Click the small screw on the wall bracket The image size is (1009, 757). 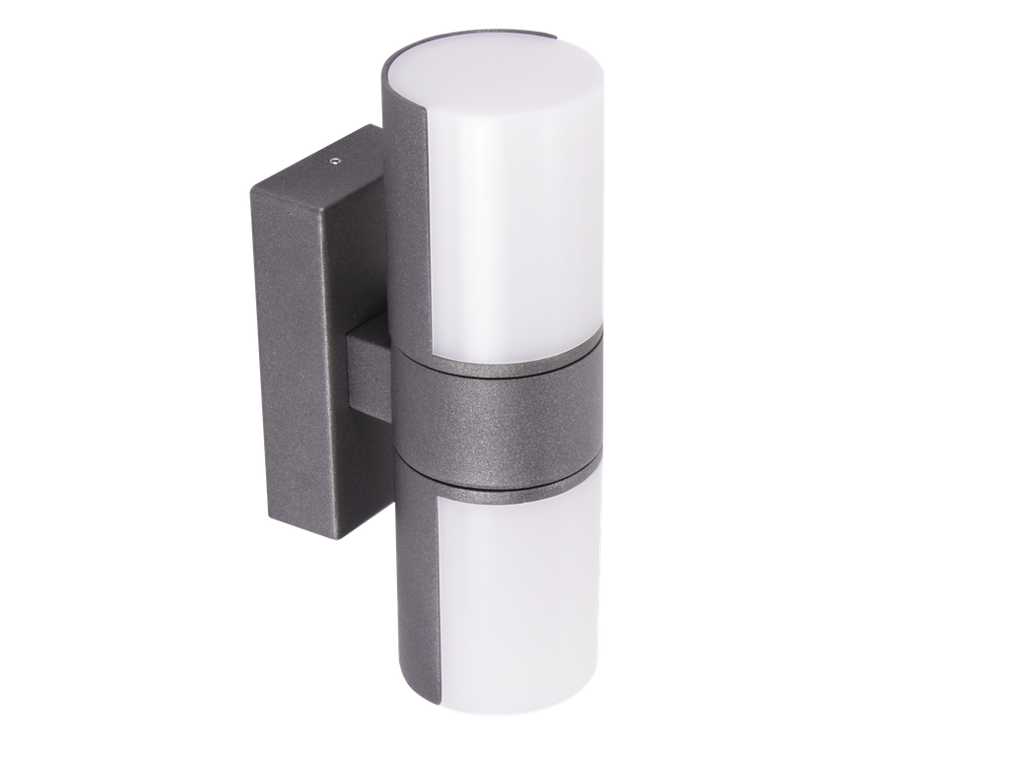pyautogui.click(x=335, y=156)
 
